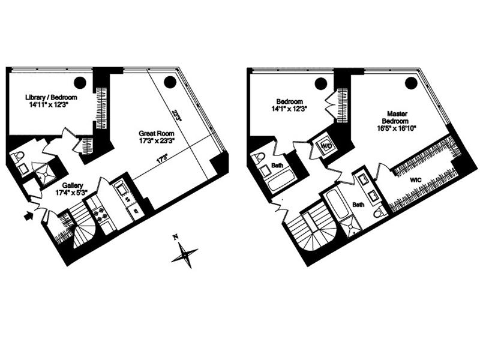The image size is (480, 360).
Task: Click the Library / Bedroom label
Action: point(51,97)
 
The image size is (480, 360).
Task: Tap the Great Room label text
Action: point(157,133)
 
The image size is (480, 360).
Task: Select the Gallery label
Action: point(73,185)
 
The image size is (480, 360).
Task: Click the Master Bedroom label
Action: point(397,118)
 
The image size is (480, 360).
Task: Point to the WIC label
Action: point(415,180)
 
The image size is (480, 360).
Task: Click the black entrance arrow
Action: point(28,215)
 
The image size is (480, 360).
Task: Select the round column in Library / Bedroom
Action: point(80,82)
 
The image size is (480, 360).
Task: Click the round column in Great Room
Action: point(170,82)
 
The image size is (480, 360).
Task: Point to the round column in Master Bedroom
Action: point(411,83)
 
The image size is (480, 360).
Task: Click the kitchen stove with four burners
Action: point(100,214)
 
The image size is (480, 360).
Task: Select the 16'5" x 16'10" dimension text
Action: point(397,128)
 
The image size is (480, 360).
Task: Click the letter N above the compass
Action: point(175,236)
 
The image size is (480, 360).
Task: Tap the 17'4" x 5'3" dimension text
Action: point(71,193)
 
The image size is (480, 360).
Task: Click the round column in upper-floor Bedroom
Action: point(321,83)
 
